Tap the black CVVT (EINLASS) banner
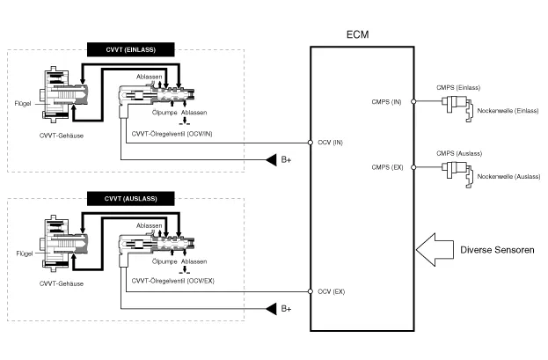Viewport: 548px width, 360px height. click(131, 49)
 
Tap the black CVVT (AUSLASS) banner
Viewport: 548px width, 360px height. click(131, 198)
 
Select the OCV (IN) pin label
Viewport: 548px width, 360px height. click(331, 142)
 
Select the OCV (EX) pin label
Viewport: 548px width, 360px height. click(331, 291)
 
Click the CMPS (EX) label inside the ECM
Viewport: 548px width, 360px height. click(387, 166)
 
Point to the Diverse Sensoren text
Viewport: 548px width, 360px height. click(497, 250)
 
